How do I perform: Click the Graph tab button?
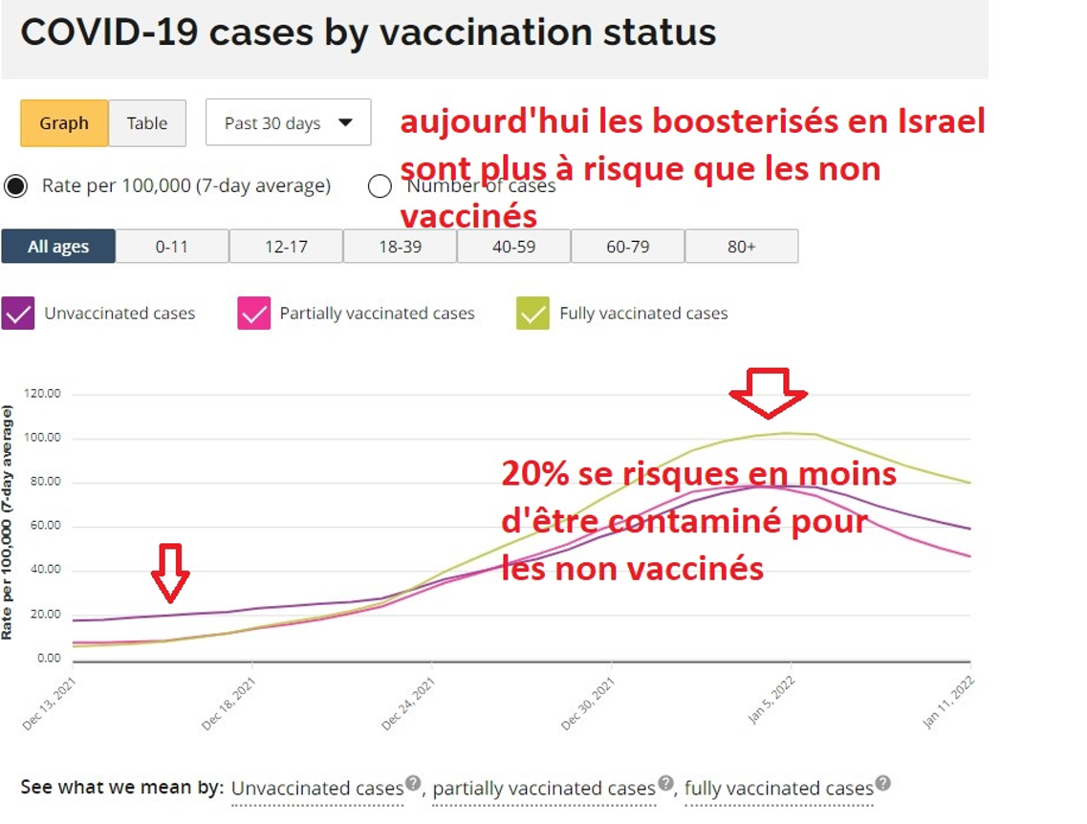(64, 123)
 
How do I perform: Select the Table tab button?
(147, 123)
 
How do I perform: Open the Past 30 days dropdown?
(288, 123)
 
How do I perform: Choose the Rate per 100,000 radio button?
(15, 185)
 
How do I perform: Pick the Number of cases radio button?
(380, 185)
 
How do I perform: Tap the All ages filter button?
(58, 247)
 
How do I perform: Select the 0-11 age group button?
(172, 247)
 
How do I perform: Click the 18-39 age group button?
(400, 247)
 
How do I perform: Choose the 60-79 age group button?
(627, 247)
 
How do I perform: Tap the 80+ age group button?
(741, 247)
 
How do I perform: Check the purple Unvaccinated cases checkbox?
(18, 314)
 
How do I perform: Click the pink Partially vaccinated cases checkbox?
(254, 314)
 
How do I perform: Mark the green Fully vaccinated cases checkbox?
(533, 314)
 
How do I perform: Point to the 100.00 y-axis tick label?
(43, 438)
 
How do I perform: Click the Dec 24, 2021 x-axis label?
(408, 705)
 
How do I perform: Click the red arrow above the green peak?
(768, 392)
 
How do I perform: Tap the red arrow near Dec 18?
(170, 573)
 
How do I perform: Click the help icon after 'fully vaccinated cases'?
(883, 784)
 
